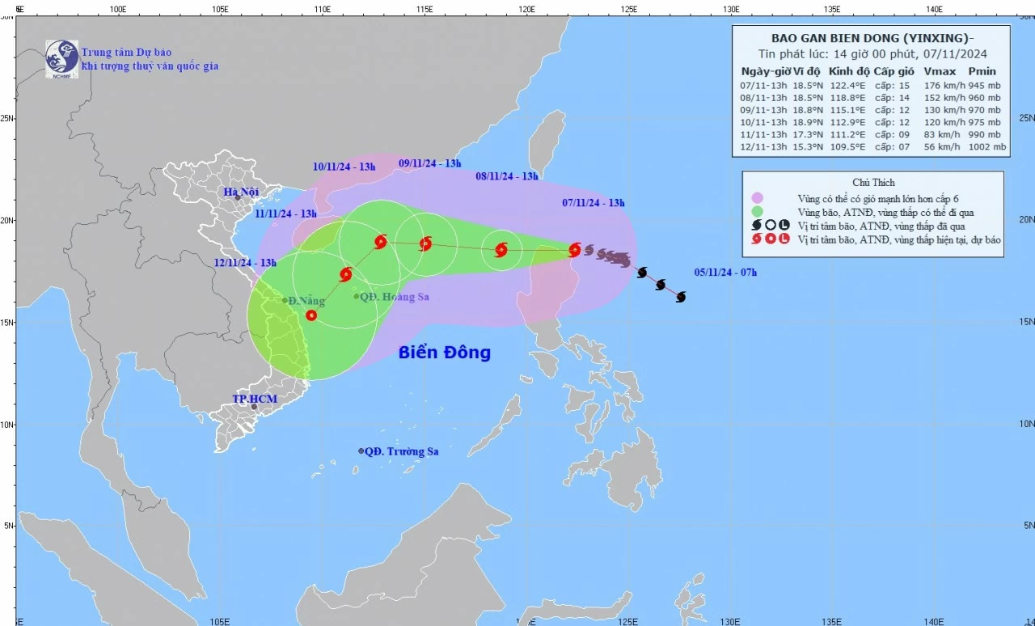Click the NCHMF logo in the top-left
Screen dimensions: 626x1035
[61, 57]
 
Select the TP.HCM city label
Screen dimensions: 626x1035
[255, 400]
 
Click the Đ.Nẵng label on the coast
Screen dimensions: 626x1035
[306, 301]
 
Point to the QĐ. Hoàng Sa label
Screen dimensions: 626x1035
[394, 297]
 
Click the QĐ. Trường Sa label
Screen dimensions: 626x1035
[401, 451]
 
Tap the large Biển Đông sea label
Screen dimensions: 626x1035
[444, 353]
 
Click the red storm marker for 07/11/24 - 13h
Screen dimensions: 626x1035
[574, 250]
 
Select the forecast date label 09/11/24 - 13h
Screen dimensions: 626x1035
[429, 163]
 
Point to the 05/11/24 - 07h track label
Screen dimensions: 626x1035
[725, 273]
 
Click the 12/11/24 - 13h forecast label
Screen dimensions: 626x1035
[245, 263]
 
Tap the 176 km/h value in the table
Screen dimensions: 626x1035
[943, 86]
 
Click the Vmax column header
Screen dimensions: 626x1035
[940, 71]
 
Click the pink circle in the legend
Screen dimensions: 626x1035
[758, 198]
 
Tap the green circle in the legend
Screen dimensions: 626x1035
[758, 212]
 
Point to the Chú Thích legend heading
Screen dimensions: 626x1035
[873, 183]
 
